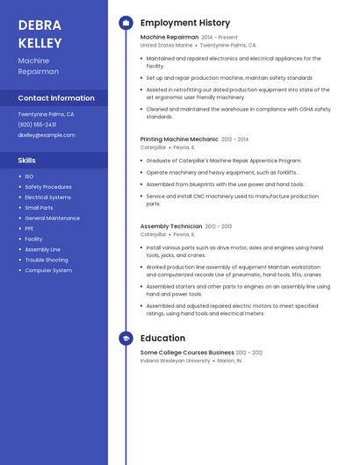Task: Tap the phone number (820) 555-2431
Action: click(x=37, y=125)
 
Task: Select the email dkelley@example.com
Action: click(x=47, y=135)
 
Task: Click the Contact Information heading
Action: click(x=56, y=98)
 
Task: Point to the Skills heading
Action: click(x=27, y=161)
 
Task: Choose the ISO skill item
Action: click(x=29, y=176)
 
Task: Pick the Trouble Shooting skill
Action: click(x=47, y=260)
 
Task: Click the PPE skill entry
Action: click(x=29, y=228)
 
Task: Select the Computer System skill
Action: click(x=48, y=270)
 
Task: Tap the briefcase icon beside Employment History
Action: click(x=126, y=23)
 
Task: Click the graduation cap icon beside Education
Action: click(x=126, y=338)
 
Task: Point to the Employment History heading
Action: click(x=185, y=23)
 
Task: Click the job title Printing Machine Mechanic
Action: click(x=179, y=139)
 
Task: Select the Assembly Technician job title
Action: click(x=171, y=226)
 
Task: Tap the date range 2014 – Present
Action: click(x=220, y=38)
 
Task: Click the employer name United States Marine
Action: click(x=166, y=45)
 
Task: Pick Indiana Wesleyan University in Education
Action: click(x=176, y=360)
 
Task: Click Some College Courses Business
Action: click(x=187, y=352)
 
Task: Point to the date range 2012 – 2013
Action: click(x=219, y=226)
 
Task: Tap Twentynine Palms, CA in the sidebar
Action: click(x=46, y=114)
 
